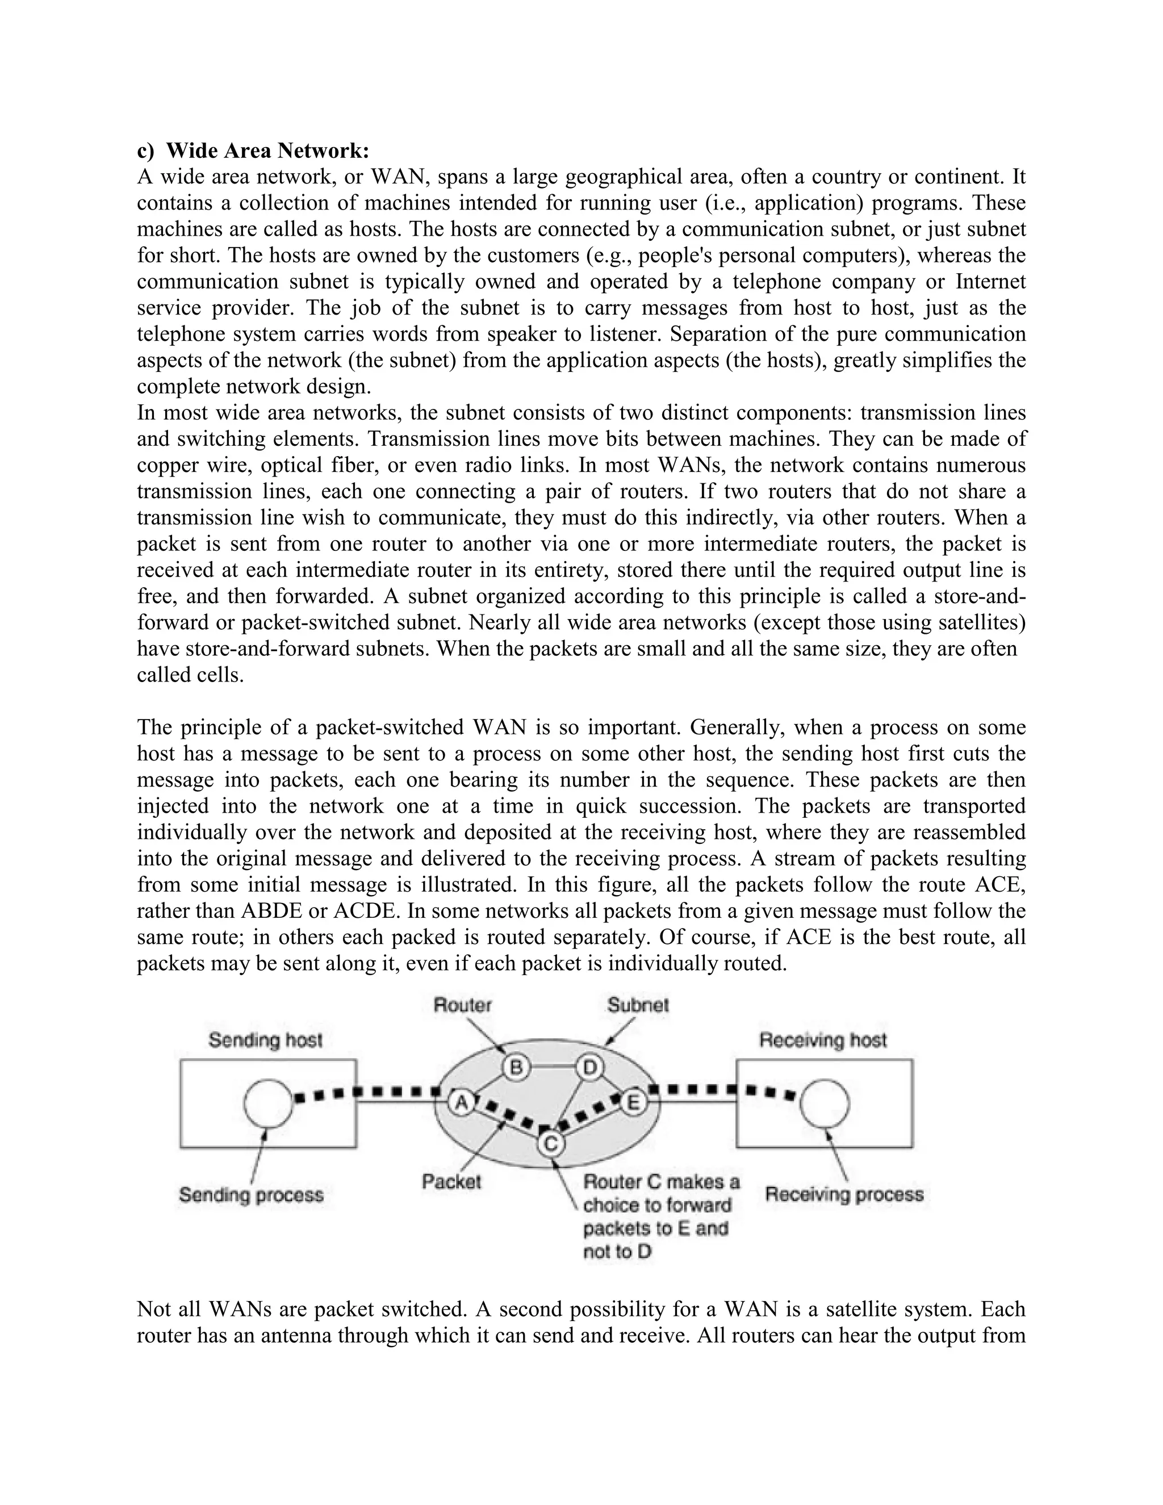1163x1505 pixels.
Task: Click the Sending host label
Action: tap(265, 1040)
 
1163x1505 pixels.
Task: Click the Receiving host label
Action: tap(823, 1040)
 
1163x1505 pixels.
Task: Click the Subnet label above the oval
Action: tap(637, 1005)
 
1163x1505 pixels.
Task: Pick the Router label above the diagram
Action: tap(462, 1005)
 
